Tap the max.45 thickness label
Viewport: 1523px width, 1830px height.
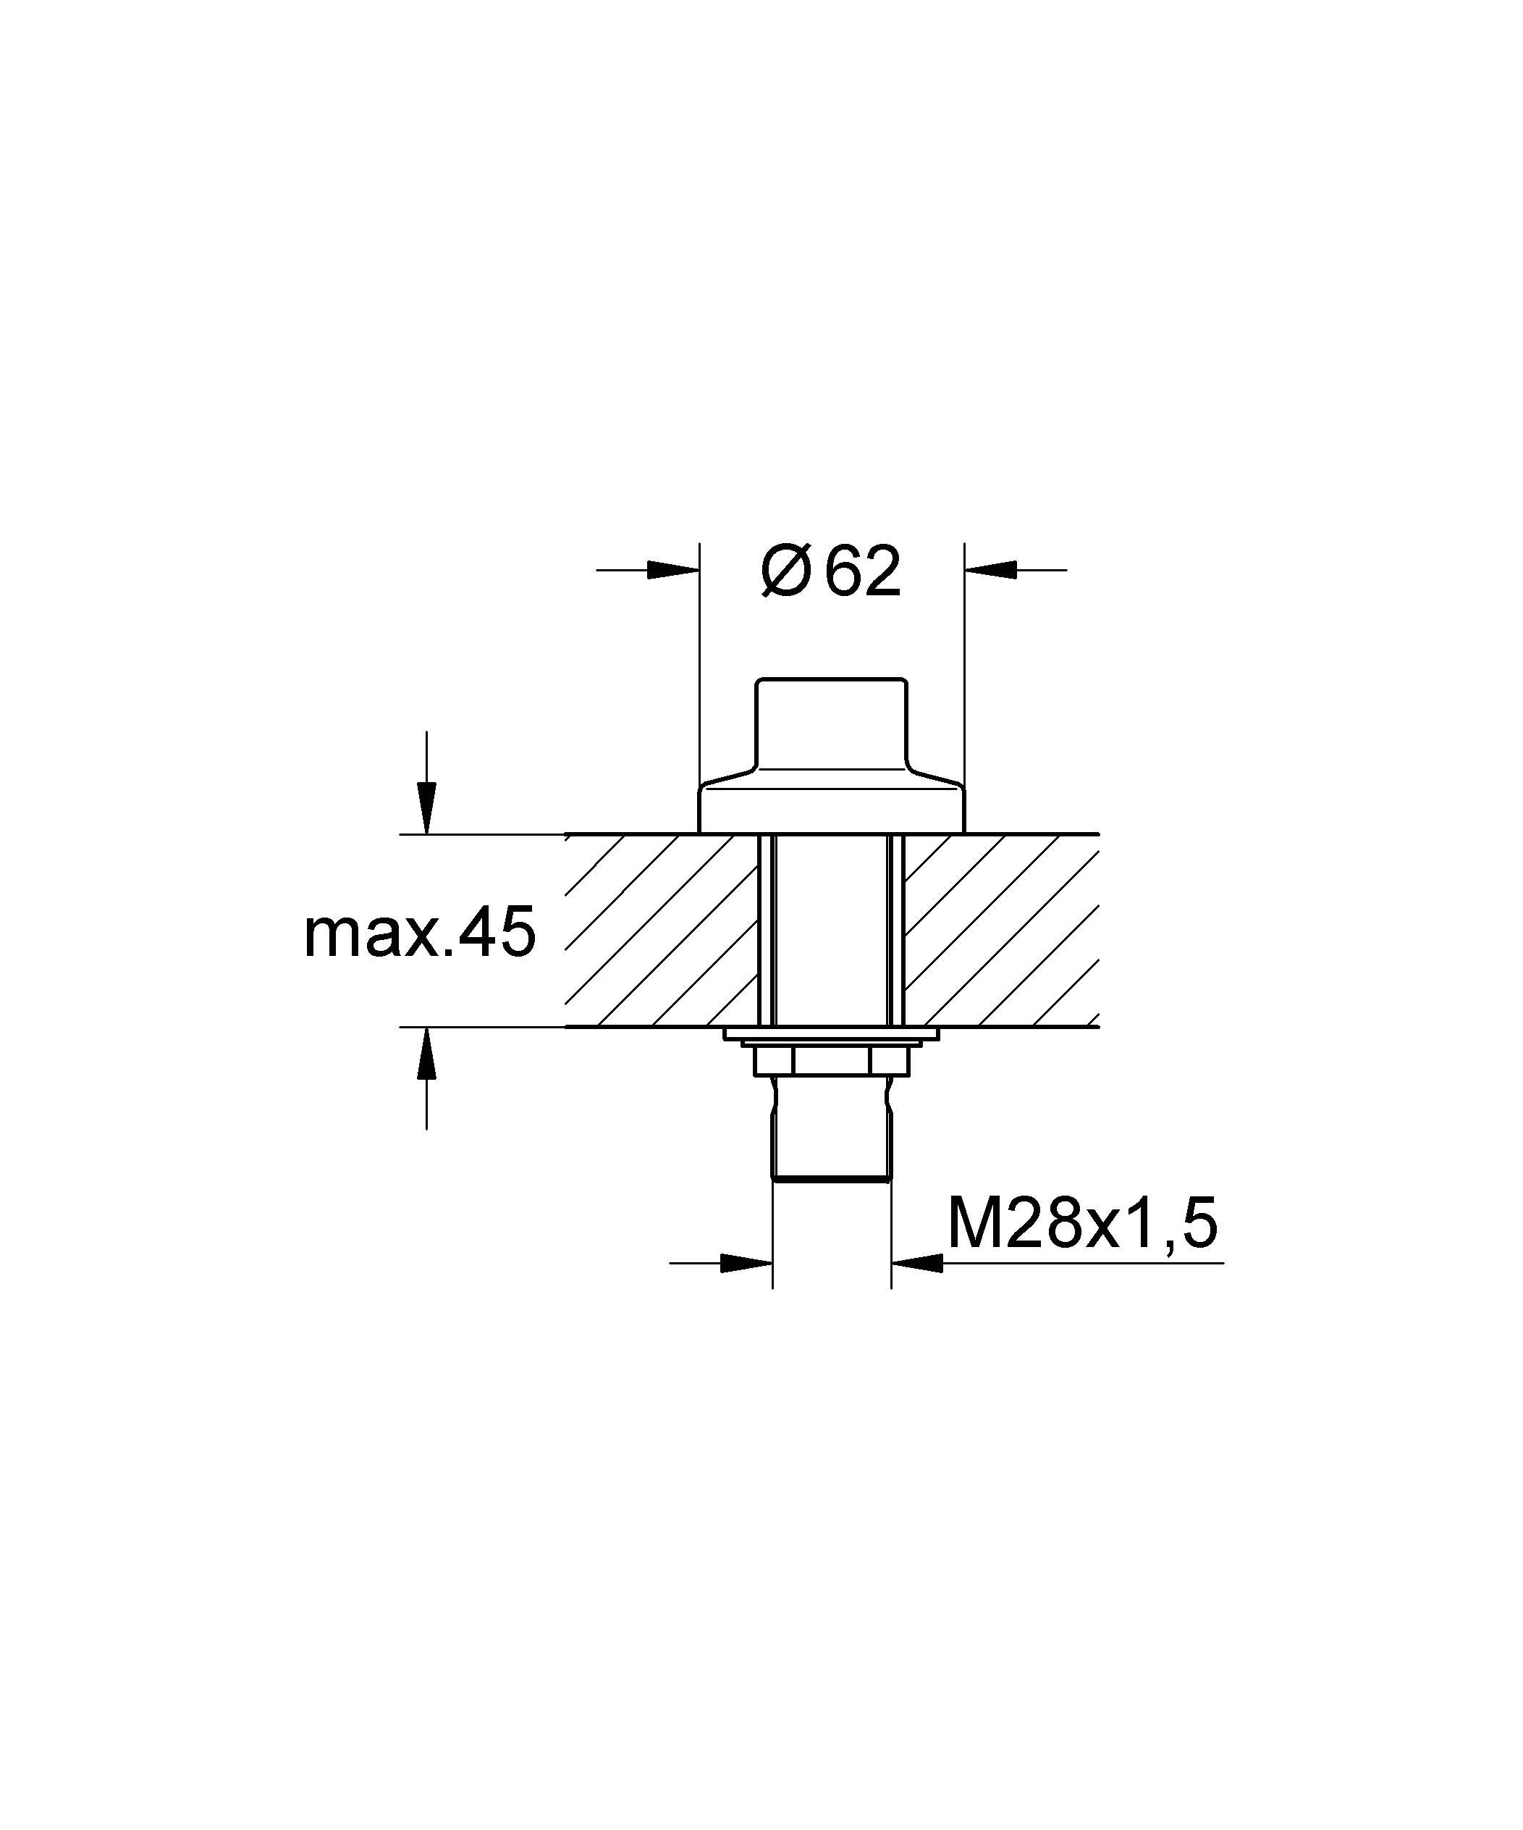coord(419,933)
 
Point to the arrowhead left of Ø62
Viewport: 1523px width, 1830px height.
coord(673,571)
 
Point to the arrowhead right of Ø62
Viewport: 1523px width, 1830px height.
coord(991,571)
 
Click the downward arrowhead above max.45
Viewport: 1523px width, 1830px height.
coord(426,809)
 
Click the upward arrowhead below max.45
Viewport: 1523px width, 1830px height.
coord(426,1054)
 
